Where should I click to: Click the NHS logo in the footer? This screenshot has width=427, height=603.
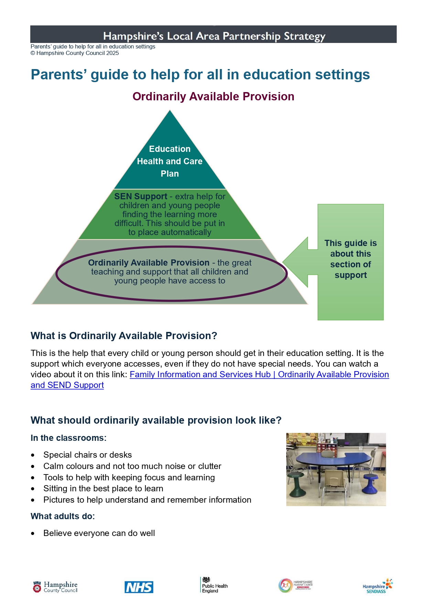point(139,587)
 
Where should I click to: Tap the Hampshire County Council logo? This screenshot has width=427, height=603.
point(55,587)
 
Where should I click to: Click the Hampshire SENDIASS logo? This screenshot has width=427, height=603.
point(377,586)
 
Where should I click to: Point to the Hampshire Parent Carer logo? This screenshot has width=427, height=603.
point(295,585)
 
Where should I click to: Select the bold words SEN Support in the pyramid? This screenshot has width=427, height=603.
point(140,197)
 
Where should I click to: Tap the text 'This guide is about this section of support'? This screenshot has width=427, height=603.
point(350,259)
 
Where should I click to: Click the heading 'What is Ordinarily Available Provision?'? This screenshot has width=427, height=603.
point(124,336)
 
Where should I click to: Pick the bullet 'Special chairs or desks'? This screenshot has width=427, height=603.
point(87,455)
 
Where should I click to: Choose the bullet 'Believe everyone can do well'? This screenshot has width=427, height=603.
point(99,533)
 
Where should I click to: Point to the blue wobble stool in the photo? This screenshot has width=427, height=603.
point(370,482)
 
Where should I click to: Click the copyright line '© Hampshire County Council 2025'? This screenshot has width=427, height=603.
point(75,53)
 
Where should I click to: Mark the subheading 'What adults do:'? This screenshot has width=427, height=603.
point(63,516)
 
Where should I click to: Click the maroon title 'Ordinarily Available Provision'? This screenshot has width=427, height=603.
point(213,97)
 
